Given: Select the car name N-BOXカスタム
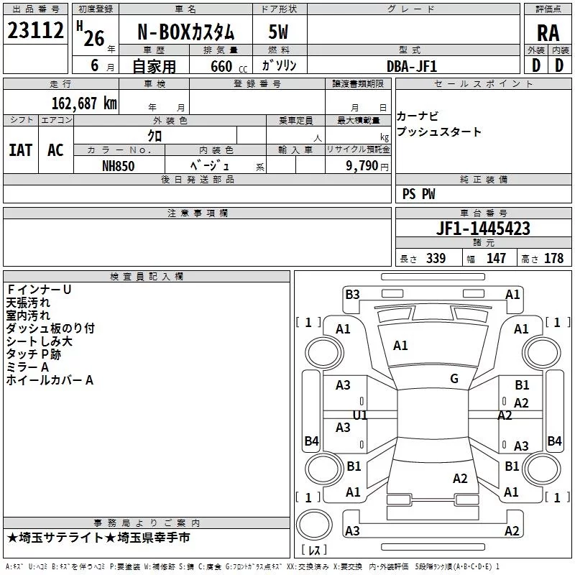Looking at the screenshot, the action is pos(185,32).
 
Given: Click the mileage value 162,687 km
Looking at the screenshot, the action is pos(84,103).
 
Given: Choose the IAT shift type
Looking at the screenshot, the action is pos(20,149).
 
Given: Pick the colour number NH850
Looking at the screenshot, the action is pos(118,165).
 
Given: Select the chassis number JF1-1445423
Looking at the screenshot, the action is pos(483,229).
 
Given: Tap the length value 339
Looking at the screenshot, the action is pos(436,259).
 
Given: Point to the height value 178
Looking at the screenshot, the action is pos(553,259).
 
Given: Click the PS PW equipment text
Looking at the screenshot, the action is pos(419,194).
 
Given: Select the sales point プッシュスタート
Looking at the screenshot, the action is pos(438,132).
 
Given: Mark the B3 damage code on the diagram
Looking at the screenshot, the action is pos(352,294).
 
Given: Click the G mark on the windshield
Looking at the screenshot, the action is pos(454,379).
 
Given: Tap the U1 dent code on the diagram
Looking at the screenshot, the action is pos(360,415).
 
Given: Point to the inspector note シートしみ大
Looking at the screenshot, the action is pos(39,341).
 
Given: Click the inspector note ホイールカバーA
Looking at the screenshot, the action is pos(50,379).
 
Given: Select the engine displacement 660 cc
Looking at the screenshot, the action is pos(223,66).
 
